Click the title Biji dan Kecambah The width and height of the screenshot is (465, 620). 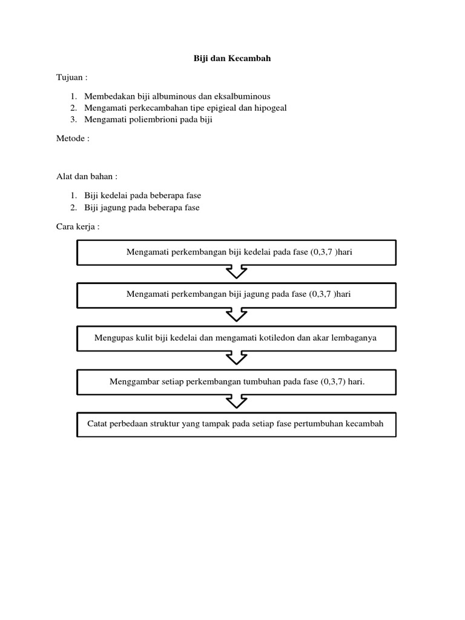tap(232, 59)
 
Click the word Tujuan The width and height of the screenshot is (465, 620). tap(71, 78)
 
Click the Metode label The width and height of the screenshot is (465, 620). tap(72, 138)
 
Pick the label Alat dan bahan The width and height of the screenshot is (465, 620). tap(86, 177)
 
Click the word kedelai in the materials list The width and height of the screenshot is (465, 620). tap(120, 196)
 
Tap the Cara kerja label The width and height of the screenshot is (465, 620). tap(76, 226)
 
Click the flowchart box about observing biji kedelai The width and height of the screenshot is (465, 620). tap(236, 252)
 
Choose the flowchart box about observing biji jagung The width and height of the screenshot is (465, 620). tap(236, 295)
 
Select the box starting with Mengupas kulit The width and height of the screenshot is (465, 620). tap(236, 338)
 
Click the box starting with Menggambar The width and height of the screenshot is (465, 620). tap(236, 382)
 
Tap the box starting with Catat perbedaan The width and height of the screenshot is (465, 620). tap(236, 424)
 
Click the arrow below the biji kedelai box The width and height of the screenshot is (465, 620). tap(236, 272)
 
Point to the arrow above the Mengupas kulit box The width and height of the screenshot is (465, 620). tap(236, 315)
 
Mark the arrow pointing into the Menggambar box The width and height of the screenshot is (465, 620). tap(236, 358)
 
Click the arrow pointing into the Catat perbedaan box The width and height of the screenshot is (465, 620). tap(236, 401)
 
